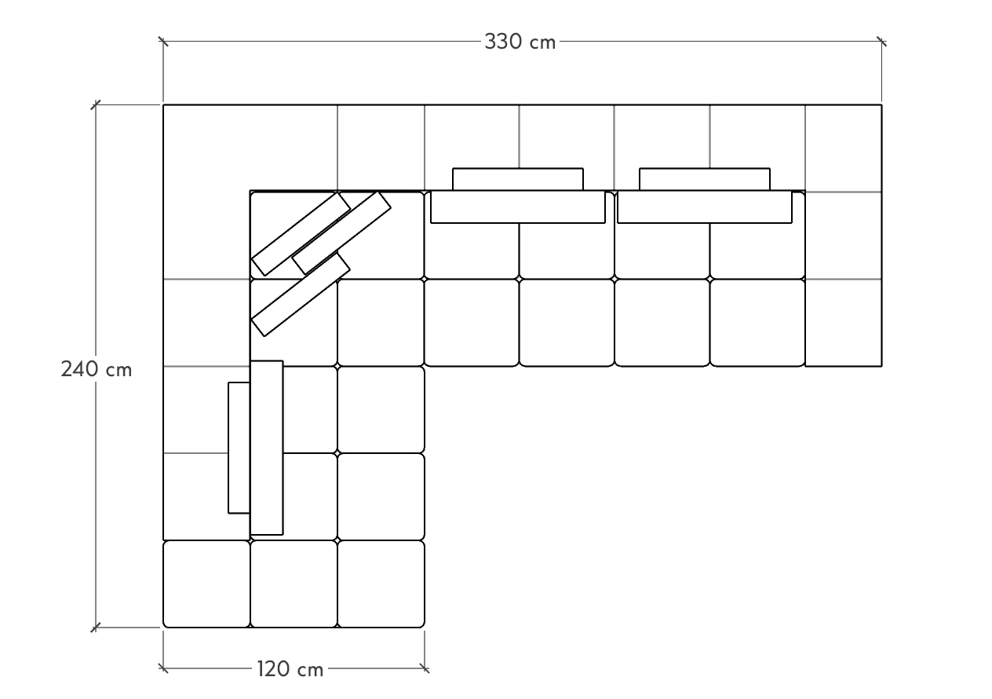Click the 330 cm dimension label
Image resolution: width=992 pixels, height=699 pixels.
[x=520, y=42]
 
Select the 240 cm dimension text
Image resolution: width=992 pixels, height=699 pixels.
[x=97, y=368]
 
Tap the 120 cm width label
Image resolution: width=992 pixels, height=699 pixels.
[x=290, y=669]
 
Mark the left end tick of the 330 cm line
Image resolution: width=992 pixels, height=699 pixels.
[x=163, y=41]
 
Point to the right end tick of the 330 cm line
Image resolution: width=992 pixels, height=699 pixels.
[x=881, y=41]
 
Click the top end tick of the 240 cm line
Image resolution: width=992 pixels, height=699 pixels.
[x=97, y=104]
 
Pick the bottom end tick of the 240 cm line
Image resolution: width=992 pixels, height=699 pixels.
[x=97, y=628]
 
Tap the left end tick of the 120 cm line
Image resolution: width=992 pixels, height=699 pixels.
[x=163, y=668]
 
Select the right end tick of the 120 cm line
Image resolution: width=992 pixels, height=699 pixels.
[x=425, y=668]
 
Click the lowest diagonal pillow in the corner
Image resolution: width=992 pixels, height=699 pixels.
[x=301, y=295]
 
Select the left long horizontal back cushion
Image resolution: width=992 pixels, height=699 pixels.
[x=518, y=207]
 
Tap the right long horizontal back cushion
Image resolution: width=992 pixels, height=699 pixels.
[x=705, y=207]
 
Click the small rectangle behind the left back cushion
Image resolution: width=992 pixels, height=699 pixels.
[x=518, y=178]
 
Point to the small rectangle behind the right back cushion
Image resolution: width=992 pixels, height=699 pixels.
[x=705, y=178]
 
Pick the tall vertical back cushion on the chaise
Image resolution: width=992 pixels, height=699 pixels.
[x=267, y=448]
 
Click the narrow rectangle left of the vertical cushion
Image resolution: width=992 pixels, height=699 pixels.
[x=239, y=448]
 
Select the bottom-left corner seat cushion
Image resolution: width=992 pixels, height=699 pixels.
[x=206, y=584]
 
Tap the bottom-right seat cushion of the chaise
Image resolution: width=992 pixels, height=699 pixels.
[x=381, y=584]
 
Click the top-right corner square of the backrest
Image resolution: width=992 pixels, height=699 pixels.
[x=844, y=148]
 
